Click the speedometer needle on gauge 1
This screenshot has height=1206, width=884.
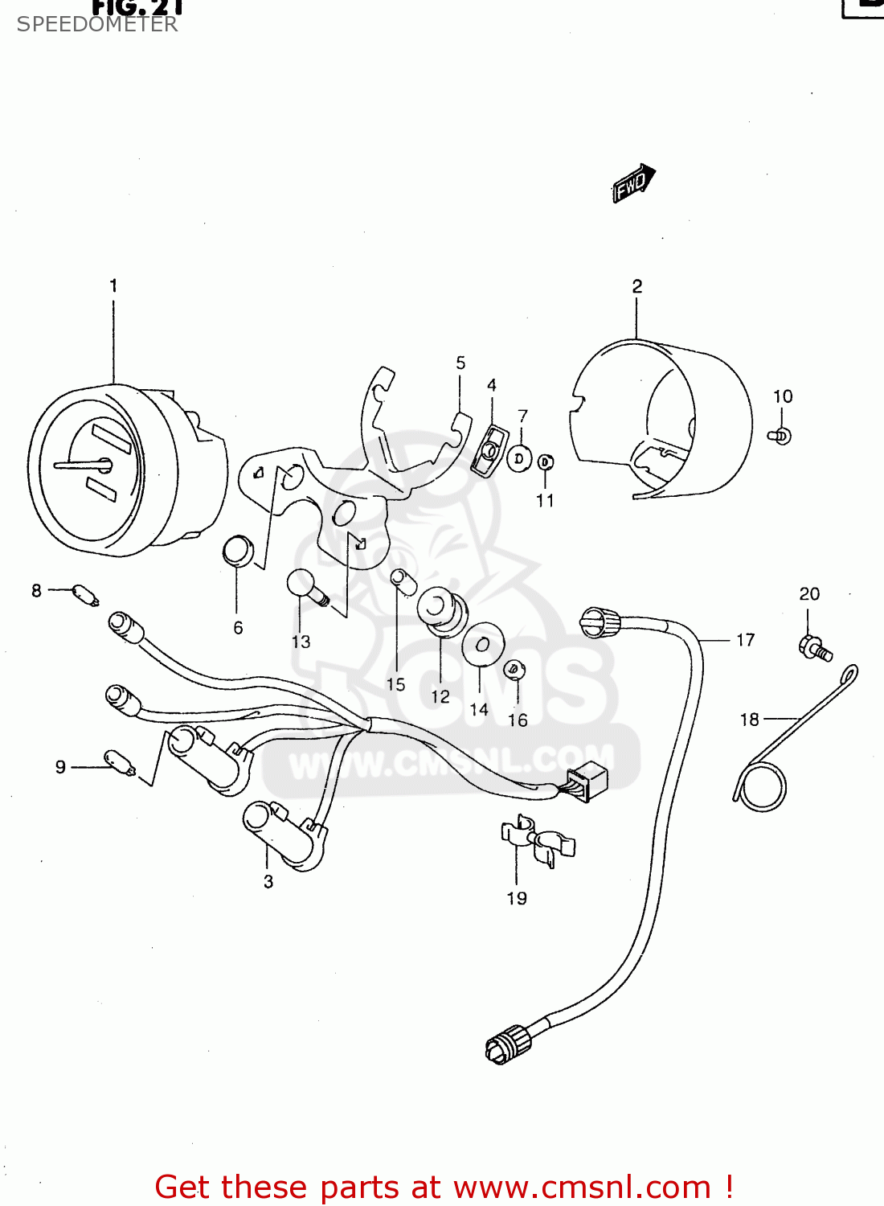[x=80, y=465]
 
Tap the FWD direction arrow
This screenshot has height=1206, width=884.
[x=634, y=183]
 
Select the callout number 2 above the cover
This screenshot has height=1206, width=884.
[x=636, y=286]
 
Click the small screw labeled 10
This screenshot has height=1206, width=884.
[x=780, y=436]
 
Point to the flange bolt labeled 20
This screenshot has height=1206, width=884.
[x=814, y=648]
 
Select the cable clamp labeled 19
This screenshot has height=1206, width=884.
[x=537, y=843]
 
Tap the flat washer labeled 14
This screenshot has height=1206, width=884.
[x=482, y=644]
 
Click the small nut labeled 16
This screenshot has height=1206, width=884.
[x=514, y=669]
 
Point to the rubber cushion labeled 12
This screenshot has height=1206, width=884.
[x=441, y=609]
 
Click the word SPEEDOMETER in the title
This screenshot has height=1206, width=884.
[x=97, y=24]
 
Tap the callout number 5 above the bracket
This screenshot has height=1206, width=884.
[x=460, y=363]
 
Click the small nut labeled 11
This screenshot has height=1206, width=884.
[x=545, y=462]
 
